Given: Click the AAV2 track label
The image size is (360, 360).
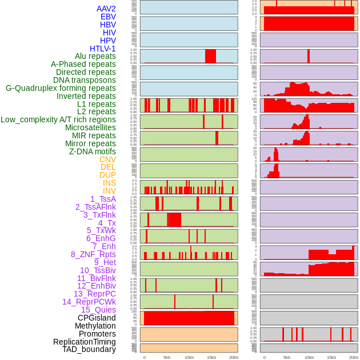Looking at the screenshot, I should [x=106, y=9].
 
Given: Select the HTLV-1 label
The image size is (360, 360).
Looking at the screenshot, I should [x=103, y=49].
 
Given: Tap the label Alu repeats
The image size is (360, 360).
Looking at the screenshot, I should [x=95, y=56].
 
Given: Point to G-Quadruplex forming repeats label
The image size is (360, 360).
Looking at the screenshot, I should [x=61, y=88].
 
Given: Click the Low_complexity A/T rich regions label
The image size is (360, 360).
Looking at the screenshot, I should [x=58, y=119].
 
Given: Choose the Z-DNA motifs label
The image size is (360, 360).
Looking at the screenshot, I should [x=93, y=151].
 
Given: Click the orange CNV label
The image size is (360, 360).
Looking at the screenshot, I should [x=107, y=159].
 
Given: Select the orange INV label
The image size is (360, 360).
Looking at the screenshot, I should [x=109, y=191].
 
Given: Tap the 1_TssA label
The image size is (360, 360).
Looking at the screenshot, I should [x=103, y=199].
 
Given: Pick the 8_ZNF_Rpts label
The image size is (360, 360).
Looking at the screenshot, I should [x=93, y=254].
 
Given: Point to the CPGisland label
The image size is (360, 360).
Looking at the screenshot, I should [x=97, y=318].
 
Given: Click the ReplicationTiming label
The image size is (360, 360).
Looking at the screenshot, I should [x=85, y=342].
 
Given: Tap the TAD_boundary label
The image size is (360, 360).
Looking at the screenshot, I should [x=89, y=349].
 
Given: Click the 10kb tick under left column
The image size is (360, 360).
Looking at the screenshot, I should [x=189, y=357].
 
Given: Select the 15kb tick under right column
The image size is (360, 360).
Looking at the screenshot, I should [x=331, y=357].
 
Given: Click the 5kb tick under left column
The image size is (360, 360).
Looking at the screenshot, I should [x=167, y=357].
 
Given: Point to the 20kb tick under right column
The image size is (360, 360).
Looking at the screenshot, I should [x=354, y=357].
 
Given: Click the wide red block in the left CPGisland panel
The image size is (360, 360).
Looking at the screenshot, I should [x=189, y=318].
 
